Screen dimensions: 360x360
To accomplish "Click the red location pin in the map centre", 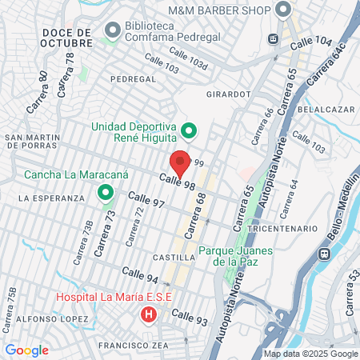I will [181, 162].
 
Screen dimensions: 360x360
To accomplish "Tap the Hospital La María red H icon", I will [148, 314].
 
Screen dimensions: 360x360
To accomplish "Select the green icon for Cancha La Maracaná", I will [104, 193].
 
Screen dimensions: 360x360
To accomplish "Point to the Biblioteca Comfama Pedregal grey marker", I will [112, 30].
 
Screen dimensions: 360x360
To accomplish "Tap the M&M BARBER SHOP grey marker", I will [282, 10].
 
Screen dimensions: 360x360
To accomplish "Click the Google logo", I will [26, 350].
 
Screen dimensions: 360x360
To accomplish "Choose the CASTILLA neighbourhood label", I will [174, 258].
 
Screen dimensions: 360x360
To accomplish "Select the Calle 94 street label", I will [140, 278].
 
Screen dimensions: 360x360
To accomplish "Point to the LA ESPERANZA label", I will [50, 198].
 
